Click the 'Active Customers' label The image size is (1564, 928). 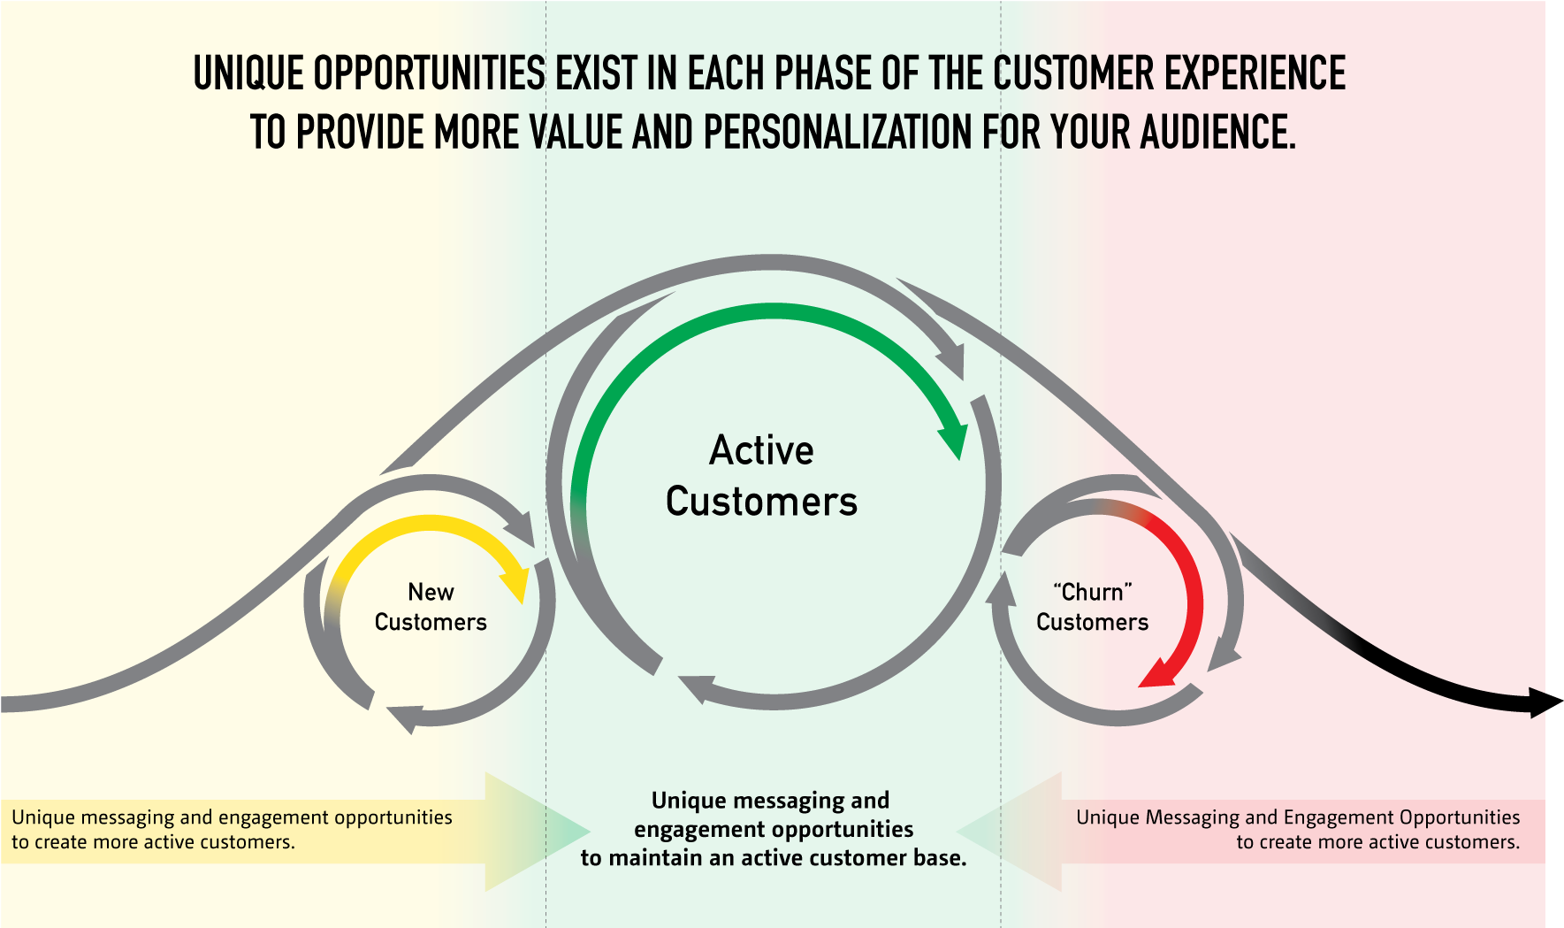tap(761, 476)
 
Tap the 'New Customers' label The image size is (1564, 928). tap(431, 607)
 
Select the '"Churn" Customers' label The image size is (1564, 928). tap(1092, 607)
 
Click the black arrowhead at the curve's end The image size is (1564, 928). tap(1547, 702)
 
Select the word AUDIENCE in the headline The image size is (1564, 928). tap(1217, 133)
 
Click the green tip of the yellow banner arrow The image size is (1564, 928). tap(587, 832)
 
